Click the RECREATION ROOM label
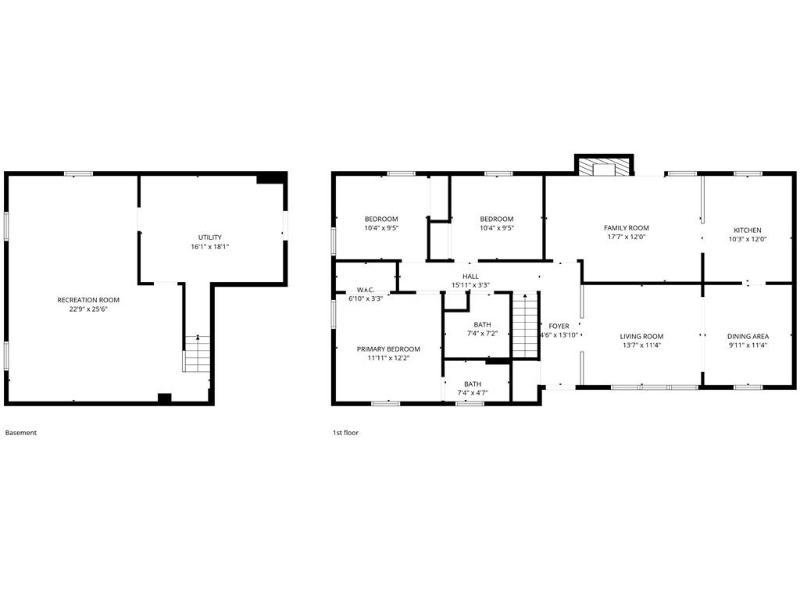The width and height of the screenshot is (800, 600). (88, 300)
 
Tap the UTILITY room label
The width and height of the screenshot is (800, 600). (210, 237)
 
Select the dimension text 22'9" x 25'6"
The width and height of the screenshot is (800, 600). (89, 309)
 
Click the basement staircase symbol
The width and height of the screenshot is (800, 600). (197, 354)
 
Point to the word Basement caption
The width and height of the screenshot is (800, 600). (21, 433)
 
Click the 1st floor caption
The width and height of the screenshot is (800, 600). (346, 433)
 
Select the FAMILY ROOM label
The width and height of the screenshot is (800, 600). (627, 228)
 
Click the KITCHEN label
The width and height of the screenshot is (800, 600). (748, 230)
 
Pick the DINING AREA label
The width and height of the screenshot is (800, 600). (748, 336)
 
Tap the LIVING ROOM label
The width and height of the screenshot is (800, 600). (642, 336)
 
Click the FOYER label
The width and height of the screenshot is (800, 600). (559, 326)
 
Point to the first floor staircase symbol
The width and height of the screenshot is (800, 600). (525, 325)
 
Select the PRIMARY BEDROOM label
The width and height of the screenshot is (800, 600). (388, 349)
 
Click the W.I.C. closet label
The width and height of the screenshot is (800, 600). (366, 290)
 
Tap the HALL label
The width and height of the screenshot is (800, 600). (470, 277)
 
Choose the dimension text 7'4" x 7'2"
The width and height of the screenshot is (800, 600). (482, 334)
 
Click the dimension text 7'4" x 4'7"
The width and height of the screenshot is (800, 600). (473, 393)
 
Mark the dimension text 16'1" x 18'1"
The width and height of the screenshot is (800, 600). (210, 247)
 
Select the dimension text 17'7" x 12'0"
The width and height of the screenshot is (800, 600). (627, 237)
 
